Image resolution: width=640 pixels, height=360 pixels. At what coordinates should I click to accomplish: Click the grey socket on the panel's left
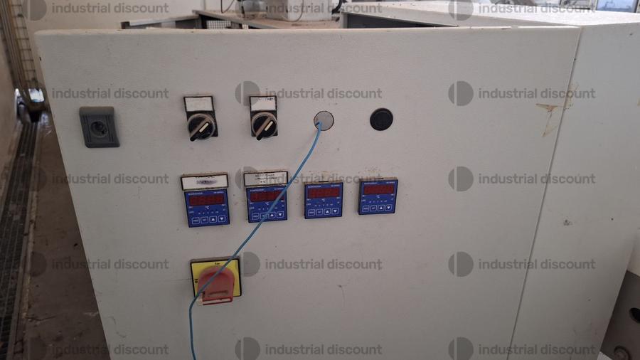point(99,126)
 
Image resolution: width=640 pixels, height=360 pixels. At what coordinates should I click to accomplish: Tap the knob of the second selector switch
point(263,126)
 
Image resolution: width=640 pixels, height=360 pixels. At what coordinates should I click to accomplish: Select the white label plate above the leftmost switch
point(198,104)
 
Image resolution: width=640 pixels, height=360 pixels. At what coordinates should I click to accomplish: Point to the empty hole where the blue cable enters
point(323,120)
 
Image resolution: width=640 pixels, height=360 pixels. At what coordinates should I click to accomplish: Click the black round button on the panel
point(381,119)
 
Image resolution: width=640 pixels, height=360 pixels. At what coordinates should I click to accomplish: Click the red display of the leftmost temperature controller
point(207,200)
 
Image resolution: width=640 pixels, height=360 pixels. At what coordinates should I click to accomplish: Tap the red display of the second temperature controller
point(267,196)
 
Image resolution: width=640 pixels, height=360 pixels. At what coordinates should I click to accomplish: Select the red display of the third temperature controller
point(323,192)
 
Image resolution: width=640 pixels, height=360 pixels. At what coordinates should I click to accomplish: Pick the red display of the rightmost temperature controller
point(378,189)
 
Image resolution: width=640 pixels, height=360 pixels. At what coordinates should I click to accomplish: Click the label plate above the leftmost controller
point(205,182)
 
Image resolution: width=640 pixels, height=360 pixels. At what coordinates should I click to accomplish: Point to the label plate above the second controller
point(265,178)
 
